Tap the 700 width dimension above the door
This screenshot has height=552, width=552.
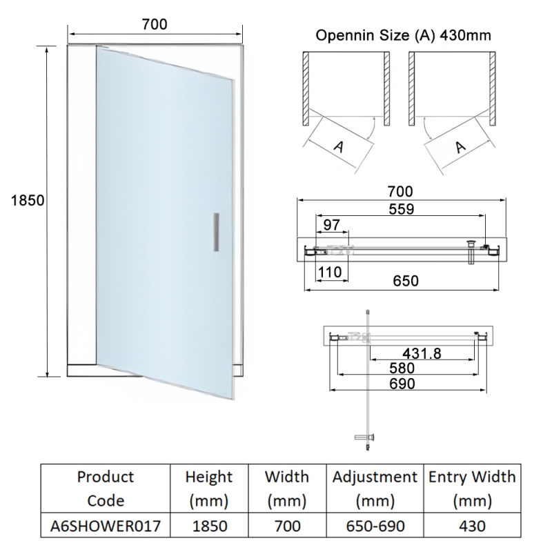pos(155,24)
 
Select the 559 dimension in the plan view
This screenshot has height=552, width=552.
pos(400,210)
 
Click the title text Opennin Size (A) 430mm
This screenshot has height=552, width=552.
pos(404,35)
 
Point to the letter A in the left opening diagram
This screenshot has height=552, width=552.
pos(339,146)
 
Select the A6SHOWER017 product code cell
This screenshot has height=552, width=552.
pos(106,526)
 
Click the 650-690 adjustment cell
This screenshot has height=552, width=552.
pos(375,526)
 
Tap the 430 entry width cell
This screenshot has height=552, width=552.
pos(473,526)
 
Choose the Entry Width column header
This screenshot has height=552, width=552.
pos(473,489)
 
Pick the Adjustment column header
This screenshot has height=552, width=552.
pos(375,489)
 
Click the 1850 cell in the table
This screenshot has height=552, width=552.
pos(209,526)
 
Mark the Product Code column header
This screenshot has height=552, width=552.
pos(106,489)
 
